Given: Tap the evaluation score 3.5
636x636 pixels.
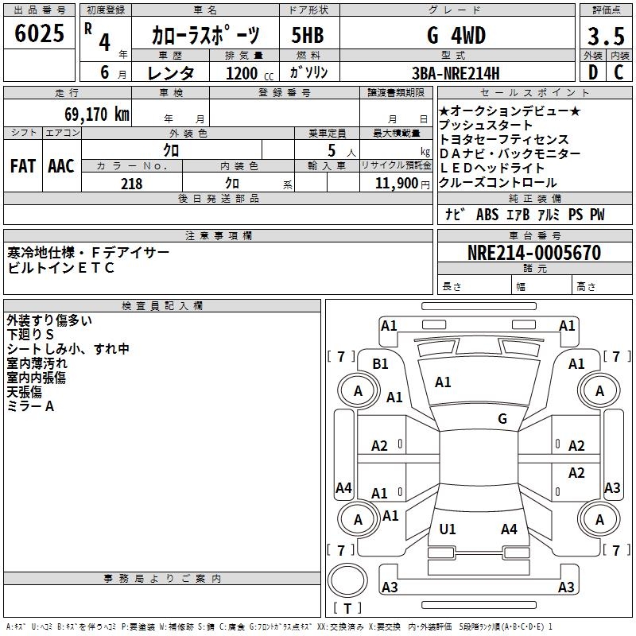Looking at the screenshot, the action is [604, 37].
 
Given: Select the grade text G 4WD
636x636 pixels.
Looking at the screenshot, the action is [456, 36].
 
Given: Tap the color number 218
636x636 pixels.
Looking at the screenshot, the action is [131, 183].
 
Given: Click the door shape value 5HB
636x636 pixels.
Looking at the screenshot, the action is [307, 36].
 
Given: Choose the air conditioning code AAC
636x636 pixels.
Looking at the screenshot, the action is [60, 165].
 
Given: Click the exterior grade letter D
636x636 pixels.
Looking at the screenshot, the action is [592, 72].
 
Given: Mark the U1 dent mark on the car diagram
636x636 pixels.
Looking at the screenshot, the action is [448, 529].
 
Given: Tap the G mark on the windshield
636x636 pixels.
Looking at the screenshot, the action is [502, 418].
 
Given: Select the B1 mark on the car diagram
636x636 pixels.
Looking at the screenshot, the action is [381, 363].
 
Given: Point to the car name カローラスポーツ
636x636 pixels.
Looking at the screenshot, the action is [205, 36].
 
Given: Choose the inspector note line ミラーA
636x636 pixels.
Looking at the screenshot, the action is [30, 406].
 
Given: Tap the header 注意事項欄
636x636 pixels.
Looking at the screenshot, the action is [218, 236].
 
